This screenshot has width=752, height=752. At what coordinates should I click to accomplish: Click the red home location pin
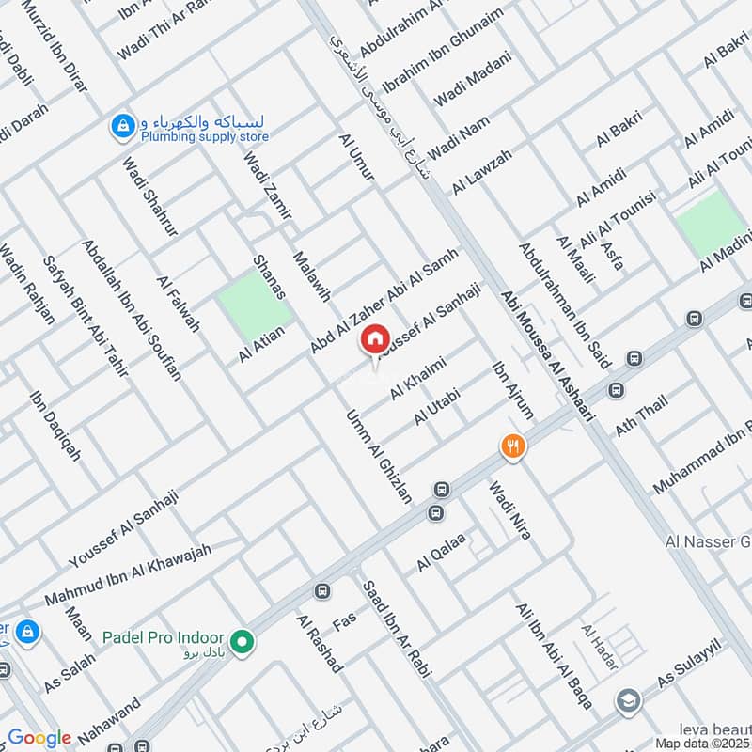pos(374,339)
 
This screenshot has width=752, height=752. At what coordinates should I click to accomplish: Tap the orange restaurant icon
pos(512,446)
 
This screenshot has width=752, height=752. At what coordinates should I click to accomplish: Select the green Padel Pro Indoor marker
pos(243,643)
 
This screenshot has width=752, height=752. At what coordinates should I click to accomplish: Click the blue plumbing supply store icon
pos(122,126)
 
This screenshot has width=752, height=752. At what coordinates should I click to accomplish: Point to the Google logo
pos(39,738)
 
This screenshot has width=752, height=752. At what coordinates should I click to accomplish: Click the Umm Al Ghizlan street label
pos(379,457)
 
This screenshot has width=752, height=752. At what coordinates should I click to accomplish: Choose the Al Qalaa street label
pos(442,554)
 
